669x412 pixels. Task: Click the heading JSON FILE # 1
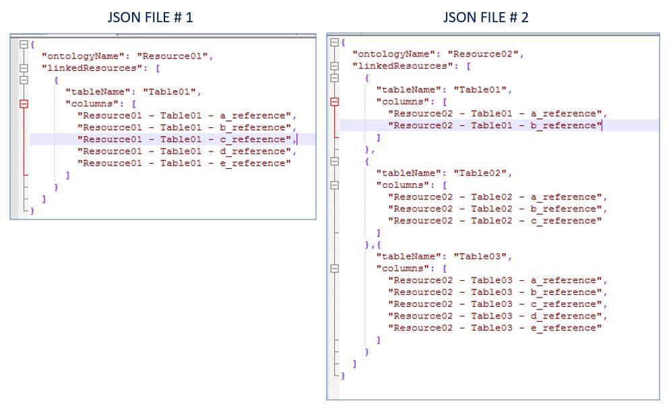pos(150,18)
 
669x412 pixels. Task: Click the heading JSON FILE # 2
pos(485,18)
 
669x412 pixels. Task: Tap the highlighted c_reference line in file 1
pos(186,139)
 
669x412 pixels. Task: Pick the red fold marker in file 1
pos(25,104)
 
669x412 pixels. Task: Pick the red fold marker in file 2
pos(335,102)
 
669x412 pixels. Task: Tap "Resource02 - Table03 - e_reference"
pos(495,328)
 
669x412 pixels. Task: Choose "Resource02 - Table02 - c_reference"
pos(495,221)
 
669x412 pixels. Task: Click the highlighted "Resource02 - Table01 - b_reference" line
pos(495,125)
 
